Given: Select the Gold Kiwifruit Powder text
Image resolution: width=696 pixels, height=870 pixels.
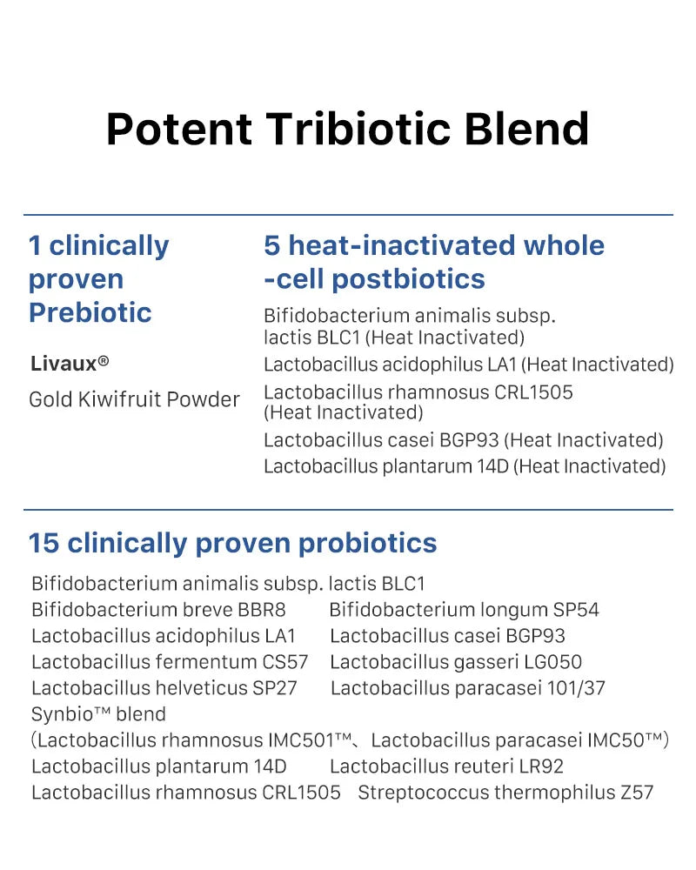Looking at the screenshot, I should (x=134, y=399).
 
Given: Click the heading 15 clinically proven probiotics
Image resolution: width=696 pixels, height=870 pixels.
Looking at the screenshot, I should (x=232, y=543).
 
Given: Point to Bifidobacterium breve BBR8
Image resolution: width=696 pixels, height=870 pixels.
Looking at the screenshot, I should (x=158, y=610).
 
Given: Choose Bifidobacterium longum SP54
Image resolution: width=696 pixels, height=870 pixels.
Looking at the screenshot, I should (x=464, y=610).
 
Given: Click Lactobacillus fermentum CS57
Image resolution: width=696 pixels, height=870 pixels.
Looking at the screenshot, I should (x=170, y=662).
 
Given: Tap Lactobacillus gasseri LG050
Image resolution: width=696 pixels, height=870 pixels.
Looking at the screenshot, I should (x=456, y=662).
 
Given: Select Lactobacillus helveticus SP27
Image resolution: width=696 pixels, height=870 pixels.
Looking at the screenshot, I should (x=164, y=688).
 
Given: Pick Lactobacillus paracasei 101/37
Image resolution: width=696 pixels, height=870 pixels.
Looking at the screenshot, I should (x=468, y=688).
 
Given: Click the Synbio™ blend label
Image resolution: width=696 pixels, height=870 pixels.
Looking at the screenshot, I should (x=98, y=714).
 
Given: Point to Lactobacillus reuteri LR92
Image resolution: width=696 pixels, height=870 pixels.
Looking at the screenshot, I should (x=446, y=766).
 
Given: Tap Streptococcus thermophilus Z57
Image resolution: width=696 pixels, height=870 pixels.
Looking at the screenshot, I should (x=505, y=793).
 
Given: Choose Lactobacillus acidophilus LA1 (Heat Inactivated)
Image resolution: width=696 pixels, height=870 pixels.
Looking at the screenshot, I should (x=468, y=365).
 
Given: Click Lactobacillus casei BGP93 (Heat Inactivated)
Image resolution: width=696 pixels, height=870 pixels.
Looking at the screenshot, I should (x=463, y=440).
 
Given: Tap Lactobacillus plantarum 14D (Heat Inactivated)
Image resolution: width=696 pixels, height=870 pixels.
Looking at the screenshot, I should (x=465, y=466).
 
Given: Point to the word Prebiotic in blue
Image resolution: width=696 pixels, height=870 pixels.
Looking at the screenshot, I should (x=90, y=312).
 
